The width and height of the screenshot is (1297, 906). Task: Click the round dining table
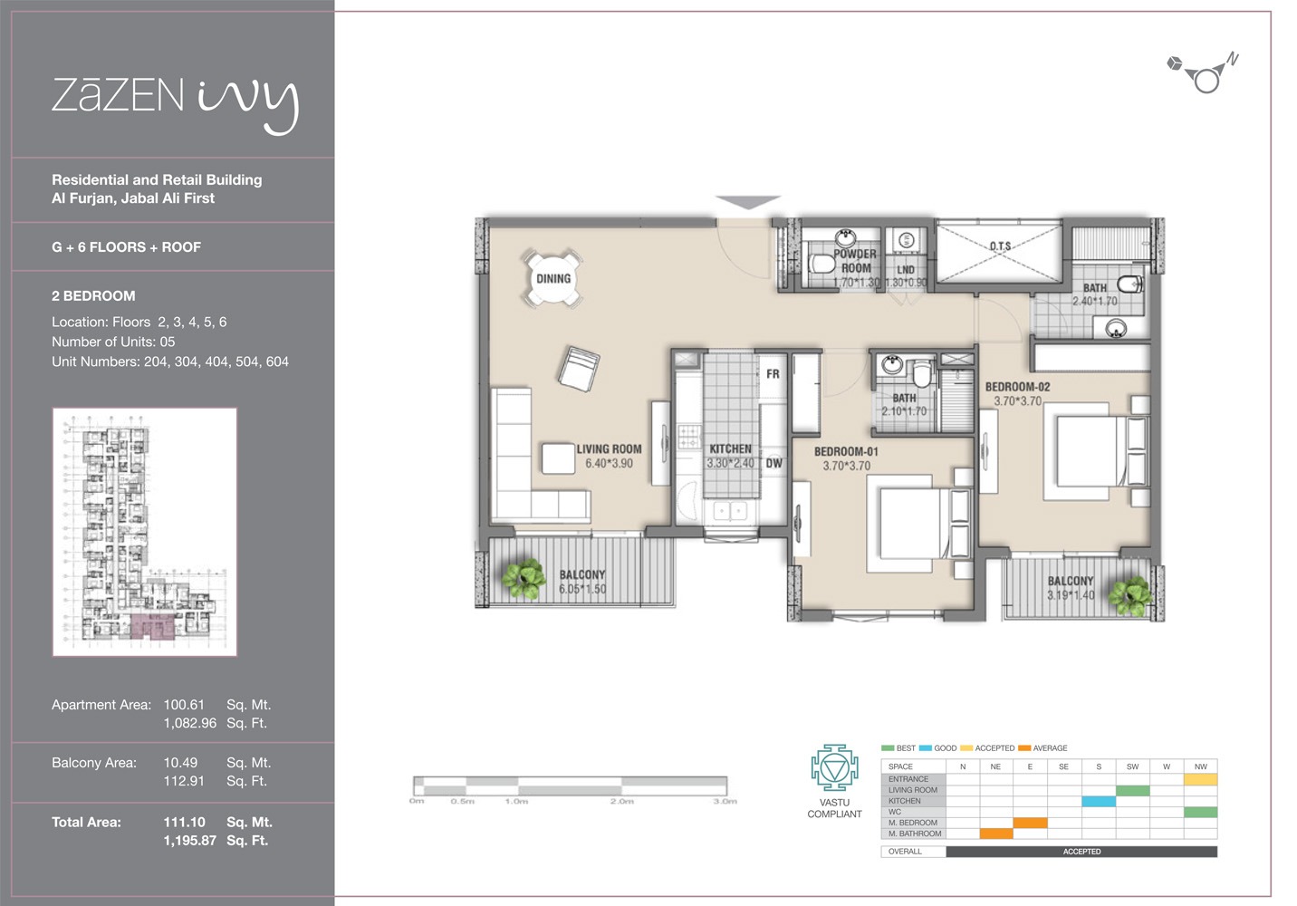point(552,278)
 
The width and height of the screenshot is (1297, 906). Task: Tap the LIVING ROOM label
point(609,448)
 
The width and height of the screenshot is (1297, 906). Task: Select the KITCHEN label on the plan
point(730,448)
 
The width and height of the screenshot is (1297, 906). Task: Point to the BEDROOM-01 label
point(846,451)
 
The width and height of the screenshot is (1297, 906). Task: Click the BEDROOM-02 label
point(1017,387)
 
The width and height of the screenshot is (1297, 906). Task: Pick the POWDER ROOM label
point(855,261)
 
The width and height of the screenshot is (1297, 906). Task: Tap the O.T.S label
point(1000,246)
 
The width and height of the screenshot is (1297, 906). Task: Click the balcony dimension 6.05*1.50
point(582,589)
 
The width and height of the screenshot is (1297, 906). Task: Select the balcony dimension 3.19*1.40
point(1071,595)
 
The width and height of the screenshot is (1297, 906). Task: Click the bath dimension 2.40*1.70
point(1094,302)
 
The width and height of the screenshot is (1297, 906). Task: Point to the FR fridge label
point(773,373)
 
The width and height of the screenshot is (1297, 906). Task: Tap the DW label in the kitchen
point(773,463)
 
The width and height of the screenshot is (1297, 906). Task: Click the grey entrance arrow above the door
point(747,202)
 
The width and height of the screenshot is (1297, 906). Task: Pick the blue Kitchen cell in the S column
point(1099,801)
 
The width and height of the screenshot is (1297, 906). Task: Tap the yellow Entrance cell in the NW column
point(1200,779)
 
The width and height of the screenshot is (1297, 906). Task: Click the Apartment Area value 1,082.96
point(189,723)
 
